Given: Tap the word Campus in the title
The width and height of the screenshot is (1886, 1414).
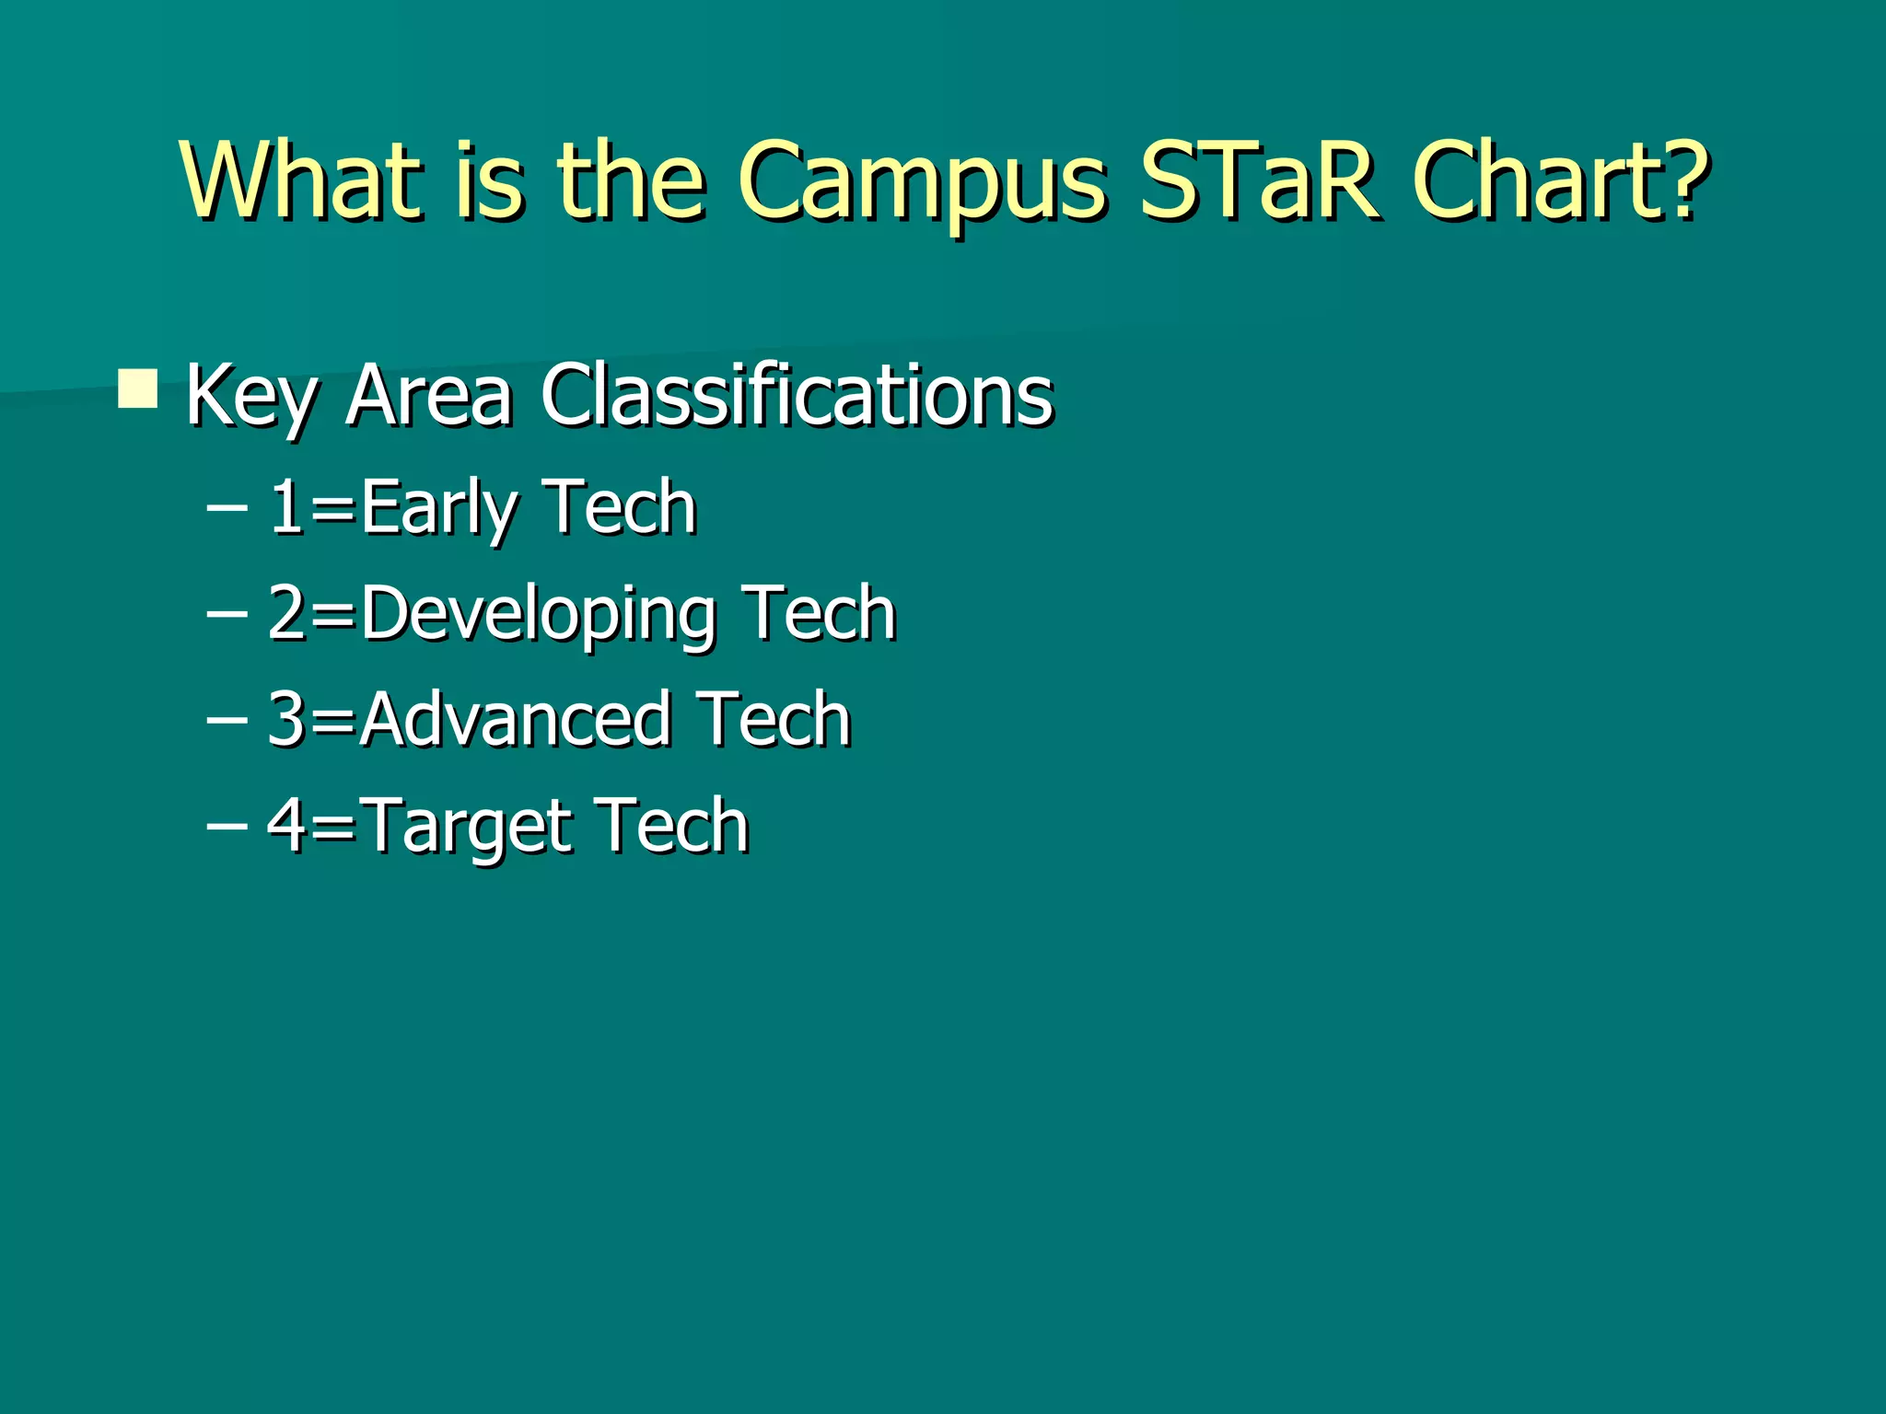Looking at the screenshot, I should pos(921,184).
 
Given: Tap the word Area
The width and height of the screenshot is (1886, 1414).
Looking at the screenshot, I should pos(428,396).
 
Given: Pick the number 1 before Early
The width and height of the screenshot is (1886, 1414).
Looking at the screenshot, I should pos(286,506).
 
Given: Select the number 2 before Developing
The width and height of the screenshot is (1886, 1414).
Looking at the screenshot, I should pos(286,613).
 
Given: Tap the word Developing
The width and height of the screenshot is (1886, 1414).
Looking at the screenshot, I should pos(539,616).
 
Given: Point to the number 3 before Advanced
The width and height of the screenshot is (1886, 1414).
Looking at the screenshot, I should pos(286,719).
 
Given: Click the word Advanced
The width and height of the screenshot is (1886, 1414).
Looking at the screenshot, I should pos(516,719).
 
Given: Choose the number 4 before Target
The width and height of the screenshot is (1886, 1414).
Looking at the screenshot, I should pos(286,825).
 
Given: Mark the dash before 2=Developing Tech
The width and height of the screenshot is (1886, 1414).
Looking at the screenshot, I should pos(227,613).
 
